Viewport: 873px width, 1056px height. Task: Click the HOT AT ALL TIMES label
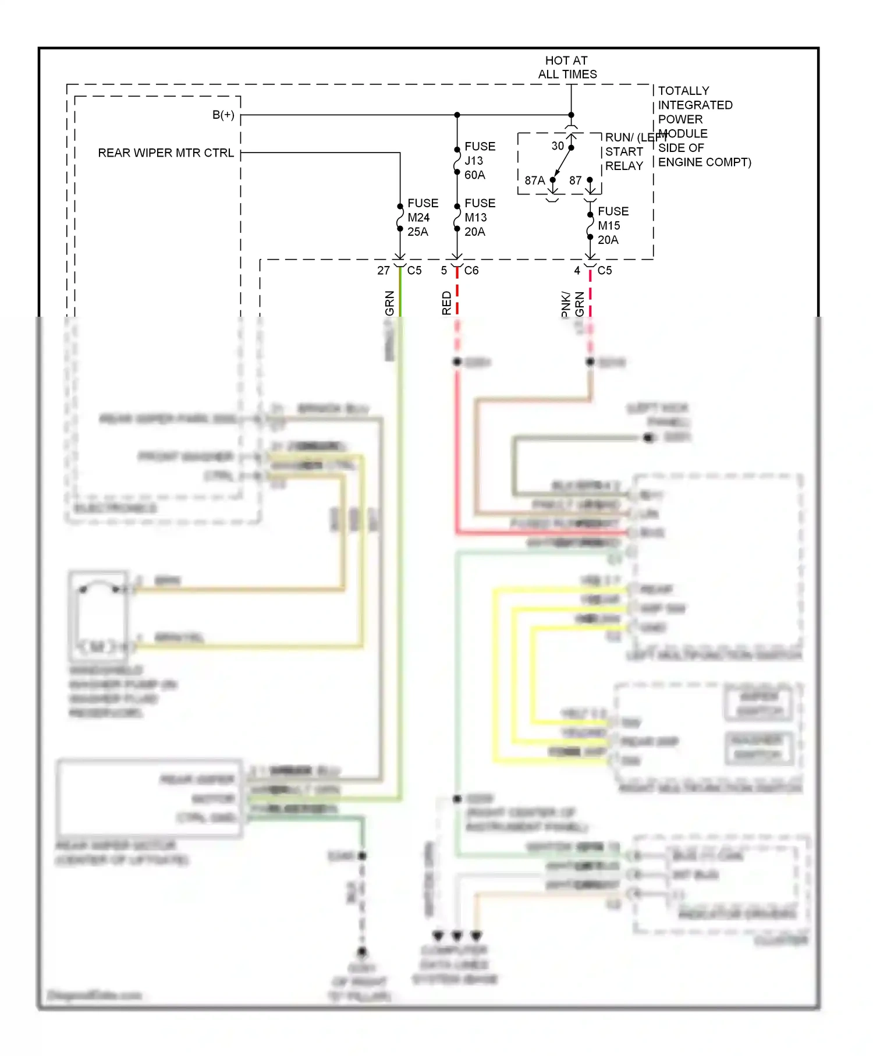[x=567, y=68]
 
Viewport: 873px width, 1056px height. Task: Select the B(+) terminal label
[x=223, y=115]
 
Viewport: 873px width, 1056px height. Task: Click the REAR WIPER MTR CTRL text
[x=166, y=153]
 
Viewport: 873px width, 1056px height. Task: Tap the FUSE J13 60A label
[x=480, y=161]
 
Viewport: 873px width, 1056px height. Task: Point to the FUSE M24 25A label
[x=422, y=218]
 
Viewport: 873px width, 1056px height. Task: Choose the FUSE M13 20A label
[x=480, y=218]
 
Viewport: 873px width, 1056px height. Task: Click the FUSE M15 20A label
[x=612, y=226]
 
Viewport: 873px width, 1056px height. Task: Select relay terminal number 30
[x=558, y=146]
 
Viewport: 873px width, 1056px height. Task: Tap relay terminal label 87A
[x=534, y=181]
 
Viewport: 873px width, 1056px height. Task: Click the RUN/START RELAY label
[x=624, y=152]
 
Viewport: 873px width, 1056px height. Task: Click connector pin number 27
[x=384, y=271]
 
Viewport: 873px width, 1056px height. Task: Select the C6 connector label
[x=471, y=271]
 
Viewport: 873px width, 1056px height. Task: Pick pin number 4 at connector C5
[x=577, y=271]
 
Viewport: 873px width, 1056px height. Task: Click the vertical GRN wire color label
[x=389, y=303]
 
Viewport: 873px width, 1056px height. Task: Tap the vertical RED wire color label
[x=446, y=303]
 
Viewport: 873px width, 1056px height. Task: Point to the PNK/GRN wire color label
[x=572, y=304]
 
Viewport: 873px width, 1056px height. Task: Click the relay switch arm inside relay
[x=562, y=164]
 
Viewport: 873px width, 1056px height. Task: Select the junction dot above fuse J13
[x=457, y=115]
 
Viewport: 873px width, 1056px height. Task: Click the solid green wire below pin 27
[x=400, y=294]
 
